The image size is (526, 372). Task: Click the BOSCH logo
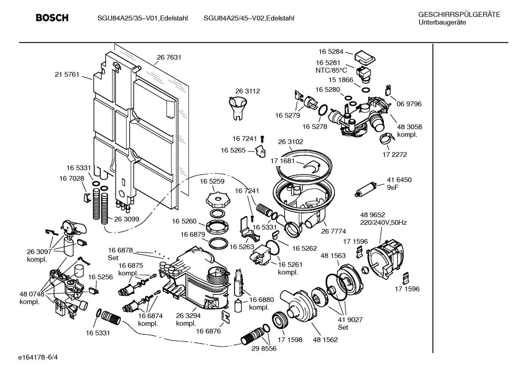[52, 18]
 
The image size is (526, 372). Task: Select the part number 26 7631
[169, 57]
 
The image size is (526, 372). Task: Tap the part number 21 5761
[67, 74]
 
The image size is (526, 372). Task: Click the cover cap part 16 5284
[365, 57]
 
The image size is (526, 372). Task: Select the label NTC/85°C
[331, 70]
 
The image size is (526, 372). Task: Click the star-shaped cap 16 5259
[217, 199]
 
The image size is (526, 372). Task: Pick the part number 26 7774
[333, 231]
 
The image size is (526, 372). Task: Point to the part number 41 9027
[350, 319]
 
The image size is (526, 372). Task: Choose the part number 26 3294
[188, 316]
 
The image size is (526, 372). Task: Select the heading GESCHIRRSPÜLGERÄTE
[459, 15]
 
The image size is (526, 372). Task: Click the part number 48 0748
[32, 294]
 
